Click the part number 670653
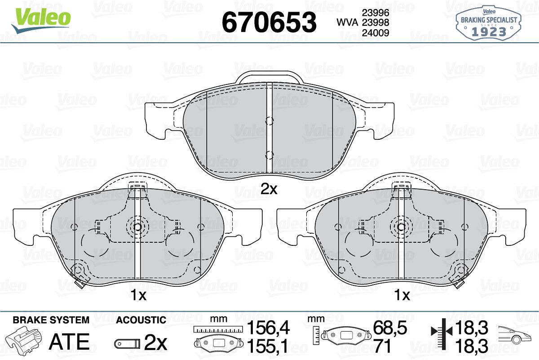click(x=269, y=22)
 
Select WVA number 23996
click(x=376, y=13)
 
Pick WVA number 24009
click(x=376, y=33)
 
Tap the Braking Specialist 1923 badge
click(x=489, y=23)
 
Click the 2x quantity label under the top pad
click(x=269, y=189)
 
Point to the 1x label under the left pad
click(x=138, y=295)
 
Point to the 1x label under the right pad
click(x=402, y=295)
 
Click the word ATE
click(x=69, y=342)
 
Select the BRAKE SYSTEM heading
click(x=51, y=320)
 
